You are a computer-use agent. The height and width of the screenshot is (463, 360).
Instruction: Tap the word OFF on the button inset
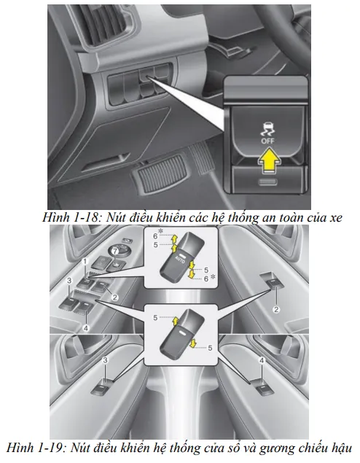coord(267,141)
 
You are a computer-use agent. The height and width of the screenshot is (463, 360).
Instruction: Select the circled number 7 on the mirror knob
coord(115,252)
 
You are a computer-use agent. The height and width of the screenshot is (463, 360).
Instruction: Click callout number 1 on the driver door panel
coord(85,262)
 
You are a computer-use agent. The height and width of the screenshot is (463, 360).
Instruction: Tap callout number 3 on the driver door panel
coord(69,281)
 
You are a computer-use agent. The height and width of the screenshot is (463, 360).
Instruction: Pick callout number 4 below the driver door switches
coord(86,328)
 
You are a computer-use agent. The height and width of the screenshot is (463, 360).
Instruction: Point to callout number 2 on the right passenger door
coord(276,309)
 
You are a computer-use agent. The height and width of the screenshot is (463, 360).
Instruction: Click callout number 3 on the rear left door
coord(106,360)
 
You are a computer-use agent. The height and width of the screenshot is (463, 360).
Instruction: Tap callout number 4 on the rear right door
coord(262,360)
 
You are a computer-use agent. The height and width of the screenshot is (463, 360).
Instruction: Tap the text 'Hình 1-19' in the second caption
coord(35,448)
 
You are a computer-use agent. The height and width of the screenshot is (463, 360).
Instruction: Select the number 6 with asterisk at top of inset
coord(158,234)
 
